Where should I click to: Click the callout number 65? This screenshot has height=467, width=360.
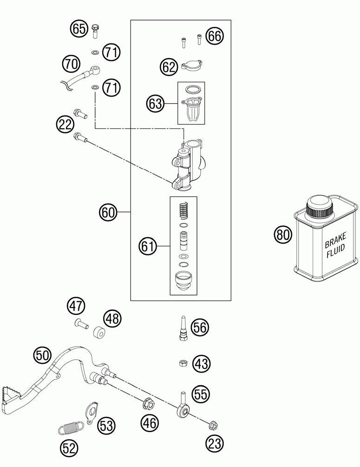79,29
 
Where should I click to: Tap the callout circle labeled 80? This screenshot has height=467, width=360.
283,234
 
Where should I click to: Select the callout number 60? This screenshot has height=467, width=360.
108,212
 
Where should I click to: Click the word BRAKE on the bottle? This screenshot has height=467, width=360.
335,240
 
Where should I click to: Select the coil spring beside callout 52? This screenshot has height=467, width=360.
71,428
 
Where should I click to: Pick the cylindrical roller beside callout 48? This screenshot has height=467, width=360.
98,332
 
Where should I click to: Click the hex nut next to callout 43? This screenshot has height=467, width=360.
183,363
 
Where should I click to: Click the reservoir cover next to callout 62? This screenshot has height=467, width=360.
192,66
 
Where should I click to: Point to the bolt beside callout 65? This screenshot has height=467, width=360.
96,31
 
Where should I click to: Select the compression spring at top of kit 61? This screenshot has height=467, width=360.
183,210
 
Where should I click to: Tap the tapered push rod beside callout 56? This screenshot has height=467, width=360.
183,327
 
